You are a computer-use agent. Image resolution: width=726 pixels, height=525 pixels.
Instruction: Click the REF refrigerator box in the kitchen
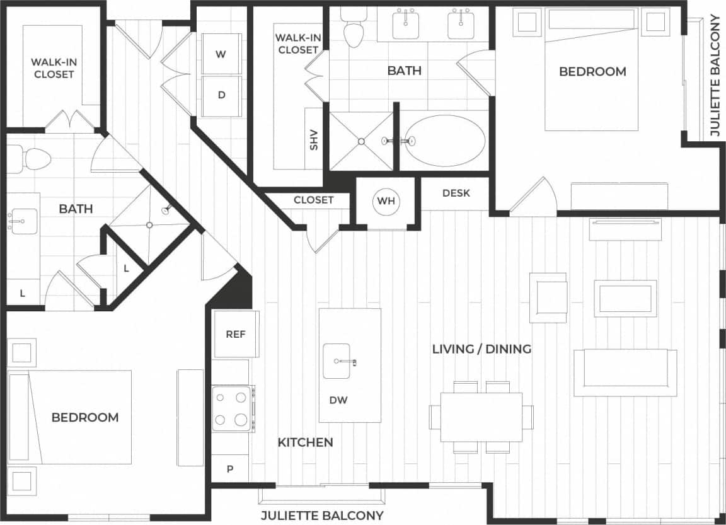tap(236, 334)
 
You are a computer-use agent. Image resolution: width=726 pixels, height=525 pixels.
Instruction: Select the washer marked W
tap(221, 54)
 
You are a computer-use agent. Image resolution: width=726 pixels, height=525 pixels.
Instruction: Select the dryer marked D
tap(221, 96)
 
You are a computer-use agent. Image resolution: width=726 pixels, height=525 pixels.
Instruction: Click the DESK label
tap(456, 193)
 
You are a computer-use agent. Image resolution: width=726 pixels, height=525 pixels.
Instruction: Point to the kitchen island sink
tap(337, 361)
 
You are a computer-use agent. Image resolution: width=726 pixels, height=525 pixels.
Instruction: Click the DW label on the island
tap(338, 400)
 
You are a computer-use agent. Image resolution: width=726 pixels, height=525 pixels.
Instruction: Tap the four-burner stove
tap(233, 409)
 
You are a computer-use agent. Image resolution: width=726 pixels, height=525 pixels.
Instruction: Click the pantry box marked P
tap(230, 469)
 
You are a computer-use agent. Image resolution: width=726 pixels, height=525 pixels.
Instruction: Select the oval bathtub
tap(444, 141)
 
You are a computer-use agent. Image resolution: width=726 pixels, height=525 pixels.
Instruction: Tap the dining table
tap(481, 417)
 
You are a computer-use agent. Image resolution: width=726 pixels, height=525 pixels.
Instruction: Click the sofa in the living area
tap(624, 373)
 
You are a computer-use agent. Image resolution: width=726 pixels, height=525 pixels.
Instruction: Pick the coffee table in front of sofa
tap(625, 299)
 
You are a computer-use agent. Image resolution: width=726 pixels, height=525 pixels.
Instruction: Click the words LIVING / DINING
tap(481, 349)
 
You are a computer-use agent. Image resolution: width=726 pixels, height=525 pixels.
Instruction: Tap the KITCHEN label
tap(305, 442)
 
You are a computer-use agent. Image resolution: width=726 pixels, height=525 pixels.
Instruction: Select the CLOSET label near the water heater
tap(313, 200)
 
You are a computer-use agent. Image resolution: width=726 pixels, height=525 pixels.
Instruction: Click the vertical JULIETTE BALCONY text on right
tap(714, 76)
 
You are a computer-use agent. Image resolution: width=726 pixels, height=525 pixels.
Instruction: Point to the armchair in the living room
tap(548, 297)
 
